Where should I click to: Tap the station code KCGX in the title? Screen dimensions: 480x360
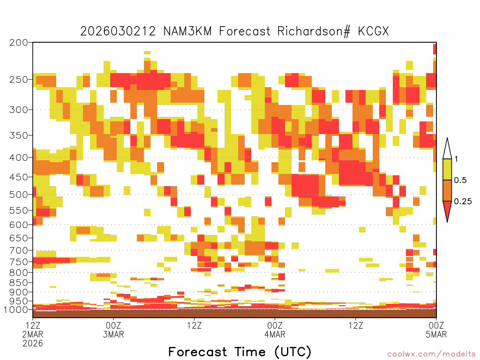[373, 31]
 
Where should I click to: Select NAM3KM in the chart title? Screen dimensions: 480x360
[187, 31]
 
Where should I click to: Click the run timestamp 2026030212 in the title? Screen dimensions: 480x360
[118, 31]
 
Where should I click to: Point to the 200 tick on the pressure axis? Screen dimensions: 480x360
[19, 43]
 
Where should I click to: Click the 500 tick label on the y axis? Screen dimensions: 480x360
[19, 195]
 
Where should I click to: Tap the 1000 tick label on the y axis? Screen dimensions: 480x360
[16, 310]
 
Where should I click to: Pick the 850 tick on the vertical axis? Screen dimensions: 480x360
[19, 283]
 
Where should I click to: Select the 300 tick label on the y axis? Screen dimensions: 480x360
[19, 110]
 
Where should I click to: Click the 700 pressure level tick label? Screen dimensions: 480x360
[19, 250]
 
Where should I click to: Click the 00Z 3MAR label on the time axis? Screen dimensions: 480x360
[113, 330]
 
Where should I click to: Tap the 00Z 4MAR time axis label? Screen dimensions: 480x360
[275, 330]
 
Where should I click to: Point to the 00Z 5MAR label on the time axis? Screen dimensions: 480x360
[436, 330]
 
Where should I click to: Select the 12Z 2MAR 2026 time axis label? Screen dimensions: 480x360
[33, 334]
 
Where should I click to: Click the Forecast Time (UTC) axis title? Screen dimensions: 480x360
[240, 352]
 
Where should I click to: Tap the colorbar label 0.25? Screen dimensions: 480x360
[463, 202]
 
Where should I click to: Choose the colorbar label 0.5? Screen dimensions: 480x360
[460, 180]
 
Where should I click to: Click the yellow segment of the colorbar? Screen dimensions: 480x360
[447, 169]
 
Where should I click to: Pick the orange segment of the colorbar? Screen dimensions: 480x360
[447, 190]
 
